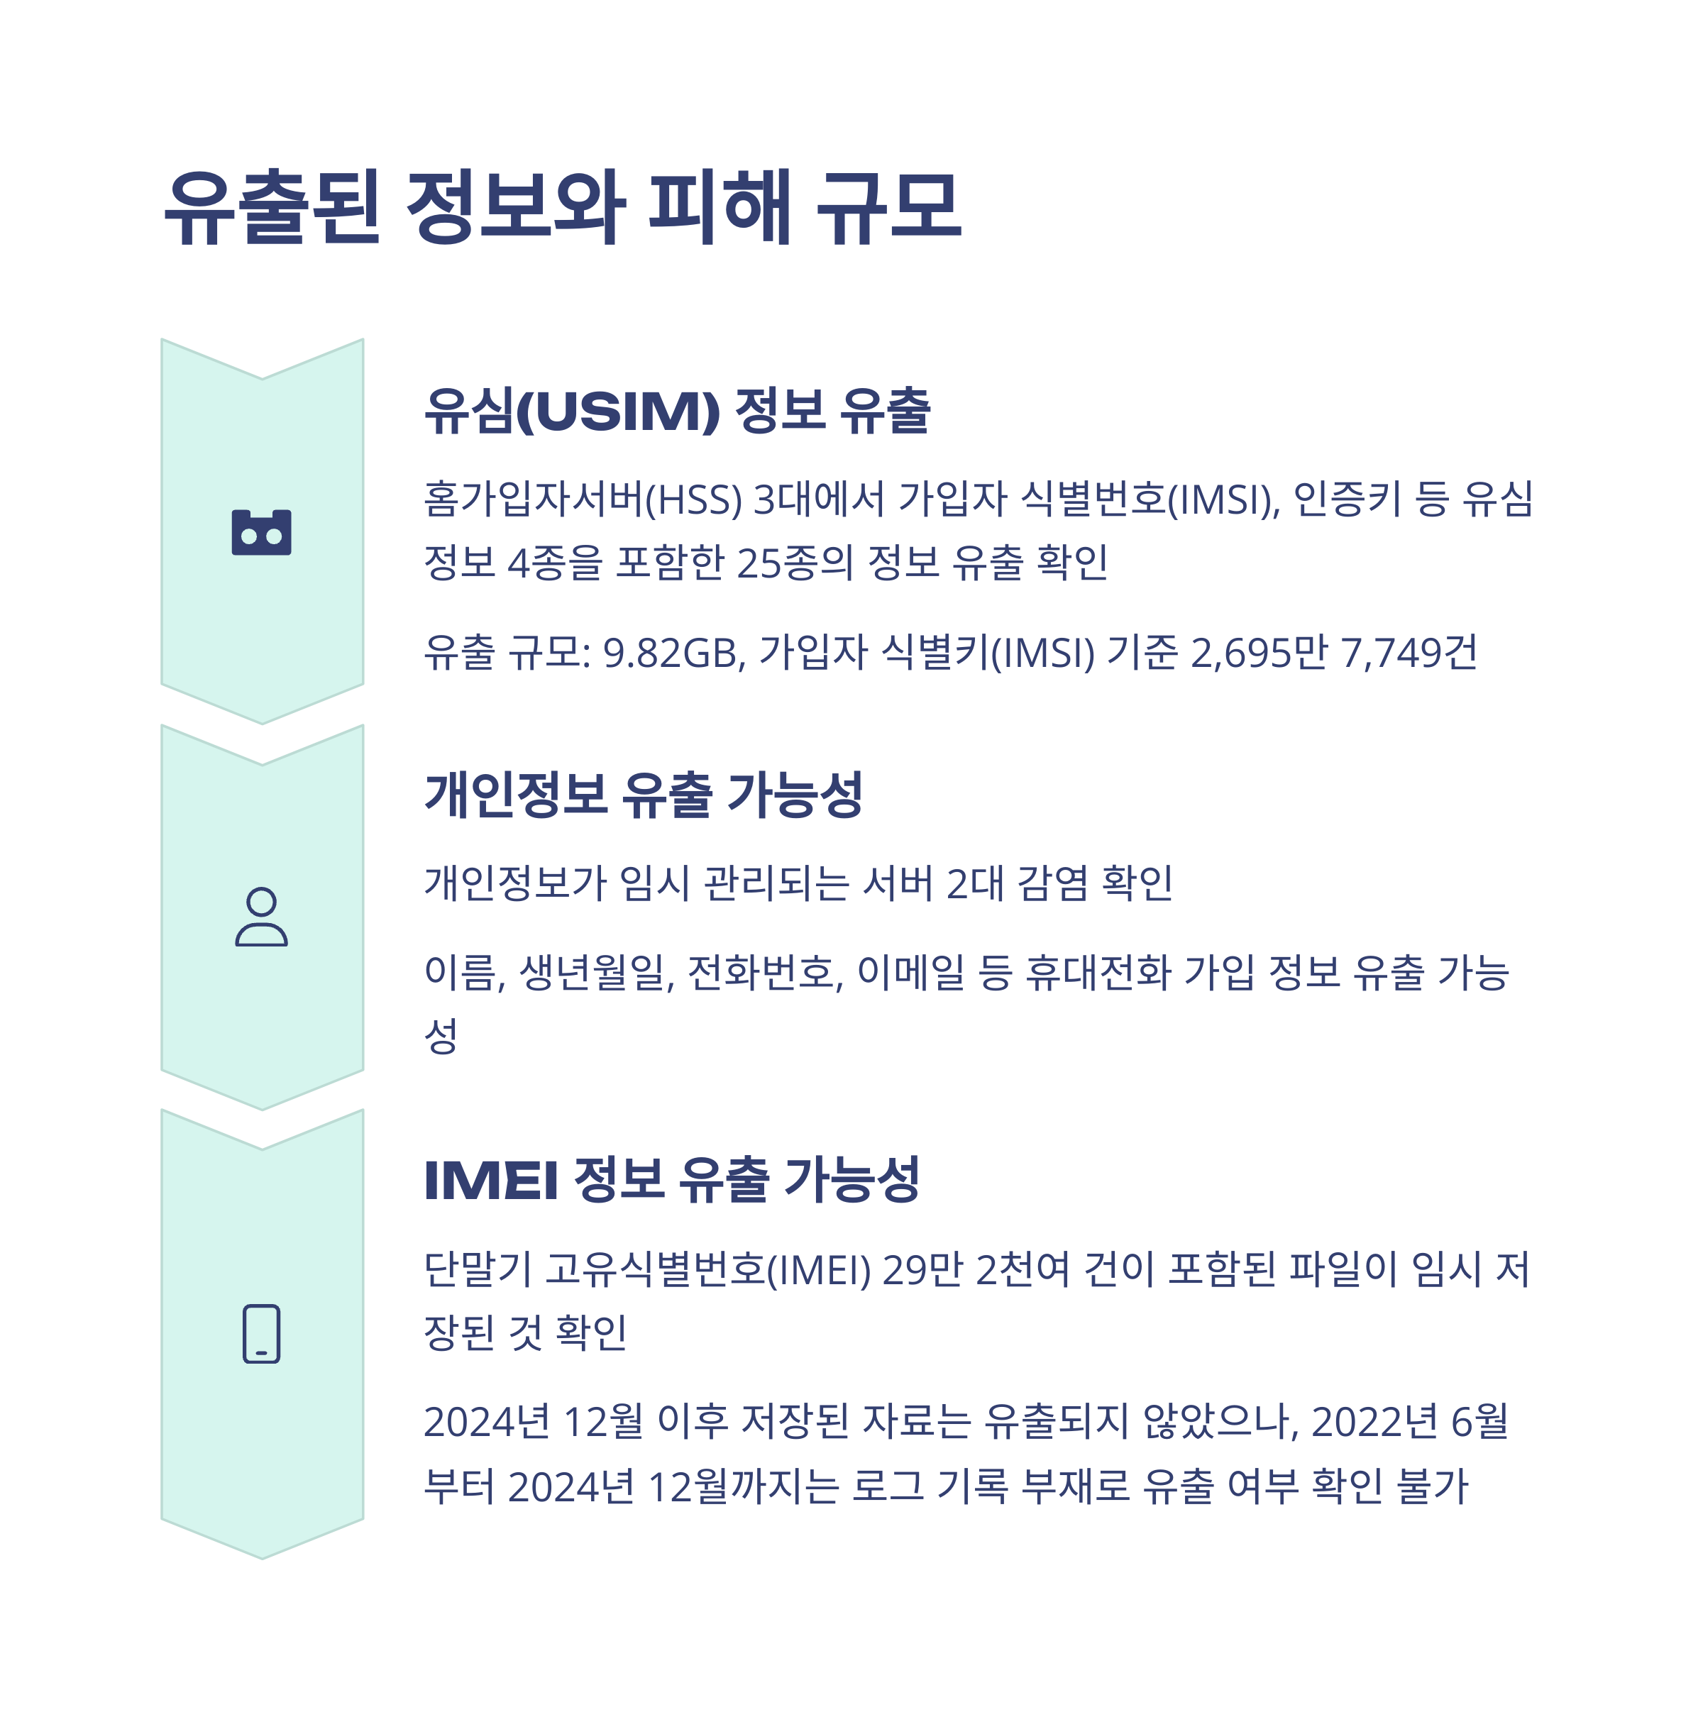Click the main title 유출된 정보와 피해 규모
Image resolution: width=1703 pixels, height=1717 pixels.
tap(562, 207)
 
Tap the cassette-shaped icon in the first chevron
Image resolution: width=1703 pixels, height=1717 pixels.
tap(261, 532)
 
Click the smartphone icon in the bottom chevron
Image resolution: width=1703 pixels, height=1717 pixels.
tap(261, 1333)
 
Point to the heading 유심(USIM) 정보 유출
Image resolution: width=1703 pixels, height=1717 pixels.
tap(676, 411)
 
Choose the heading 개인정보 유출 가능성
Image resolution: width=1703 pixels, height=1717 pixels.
tap(644, 794)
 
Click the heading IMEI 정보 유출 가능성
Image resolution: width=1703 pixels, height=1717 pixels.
tap(671, 1179)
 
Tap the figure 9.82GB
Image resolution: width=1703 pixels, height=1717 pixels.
tap(673, 653)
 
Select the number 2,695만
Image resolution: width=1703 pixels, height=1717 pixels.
tap(1259, 653)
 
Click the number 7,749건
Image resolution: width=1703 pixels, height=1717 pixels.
tap(1409, 653)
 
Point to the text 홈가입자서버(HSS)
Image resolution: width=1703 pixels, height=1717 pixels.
tap(582, 499)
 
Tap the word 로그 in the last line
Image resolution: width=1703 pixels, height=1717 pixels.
tap(887, 1486)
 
